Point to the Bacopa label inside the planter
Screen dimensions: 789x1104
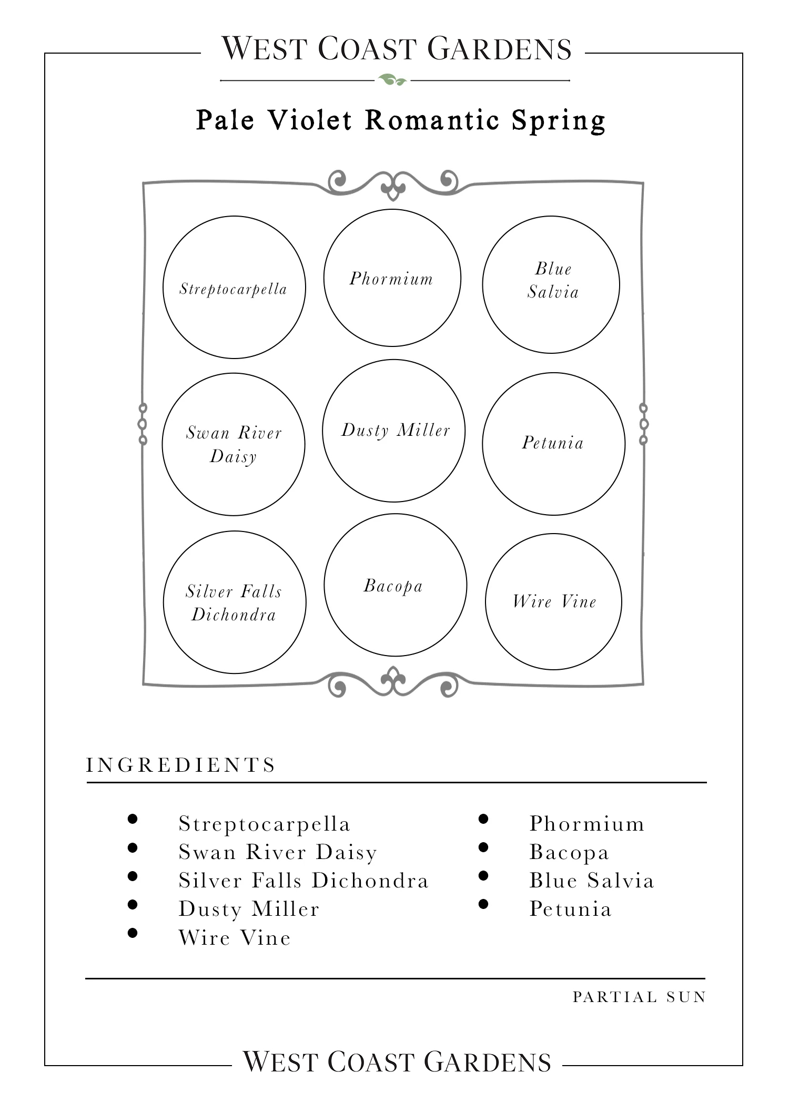coord(393,586)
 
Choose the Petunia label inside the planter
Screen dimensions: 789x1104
coord(553,443)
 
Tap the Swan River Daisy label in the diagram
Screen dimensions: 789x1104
coord(234,444)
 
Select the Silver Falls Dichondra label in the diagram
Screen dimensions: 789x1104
coord(234,602)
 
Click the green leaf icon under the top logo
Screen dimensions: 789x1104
coord(392,80)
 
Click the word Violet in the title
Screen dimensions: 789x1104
coord(310,120)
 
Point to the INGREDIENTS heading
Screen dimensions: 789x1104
coord(181,765)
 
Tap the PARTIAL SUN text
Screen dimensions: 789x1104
coord(640,997)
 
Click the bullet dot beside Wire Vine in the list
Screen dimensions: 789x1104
coord(133,933)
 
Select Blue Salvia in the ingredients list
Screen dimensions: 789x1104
coord(592,881)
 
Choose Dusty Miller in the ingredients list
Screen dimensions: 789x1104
coord(249,909)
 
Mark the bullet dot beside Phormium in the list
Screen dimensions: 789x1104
coord(483,819)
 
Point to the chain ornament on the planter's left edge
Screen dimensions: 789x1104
coord(143,424)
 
